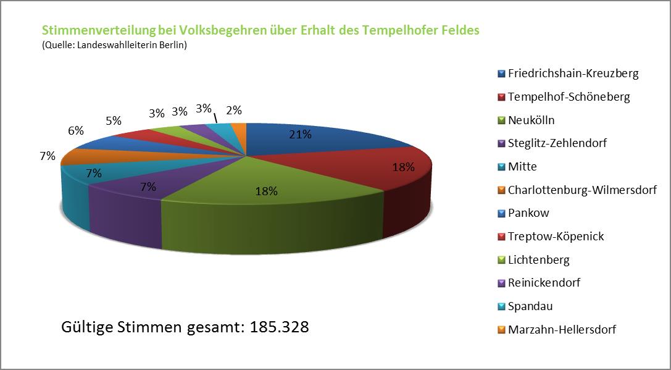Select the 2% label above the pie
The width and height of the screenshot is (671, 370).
click(234, 111)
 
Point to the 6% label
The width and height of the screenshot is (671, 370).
click(76, 130)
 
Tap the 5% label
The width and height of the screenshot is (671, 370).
click(113, 121)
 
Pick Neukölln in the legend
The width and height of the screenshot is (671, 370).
click(531, 120)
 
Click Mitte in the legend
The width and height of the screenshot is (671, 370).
click(522, 167)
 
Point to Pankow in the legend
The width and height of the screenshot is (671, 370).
click(528, 213)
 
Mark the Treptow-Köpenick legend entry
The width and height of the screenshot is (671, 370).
click(556, 237)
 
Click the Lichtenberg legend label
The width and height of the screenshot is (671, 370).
click(538, 260)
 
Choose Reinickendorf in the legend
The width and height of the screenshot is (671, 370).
click(544, 283)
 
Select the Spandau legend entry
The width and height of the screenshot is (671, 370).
click(530, 306)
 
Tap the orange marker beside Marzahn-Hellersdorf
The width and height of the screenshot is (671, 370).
click(501, 330)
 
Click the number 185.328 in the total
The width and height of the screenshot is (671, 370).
click(280, 326)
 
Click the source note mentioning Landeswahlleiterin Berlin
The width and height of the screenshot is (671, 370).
click(114, 46)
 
